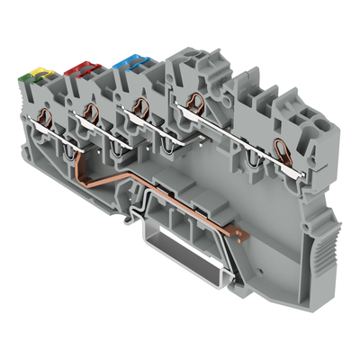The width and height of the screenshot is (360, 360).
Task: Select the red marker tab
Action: point(76,67)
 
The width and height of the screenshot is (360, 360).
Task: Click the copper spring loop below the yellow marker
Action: point(43,121)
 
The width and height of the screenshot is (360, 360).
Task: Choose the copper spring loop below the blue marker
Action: point(139,106)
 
